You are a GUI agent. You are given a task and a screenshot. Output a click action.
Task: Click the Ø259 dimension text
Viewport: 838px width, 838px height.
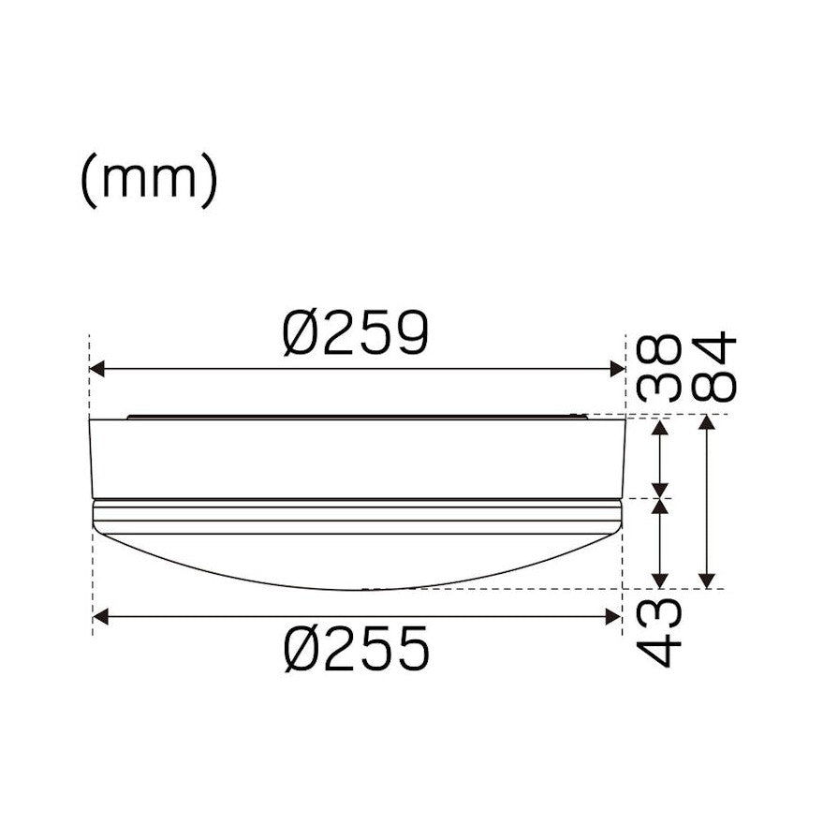[x=356, y=332]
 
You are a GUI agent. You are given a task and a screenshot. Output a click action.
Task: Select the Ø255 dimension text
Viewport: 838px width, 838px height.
[x=357, y=648]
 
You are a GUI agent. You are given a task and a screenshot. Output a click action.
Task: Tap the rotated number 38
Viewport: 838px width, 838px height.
[x=658, y=368]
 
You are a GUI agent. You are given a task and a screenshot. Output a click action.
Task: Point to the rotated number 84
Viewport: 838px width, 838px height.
[x=713, y=366]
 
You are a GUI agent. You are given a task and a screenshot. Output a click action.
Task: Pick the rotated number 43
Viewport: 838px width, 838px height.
[x=658, y=632]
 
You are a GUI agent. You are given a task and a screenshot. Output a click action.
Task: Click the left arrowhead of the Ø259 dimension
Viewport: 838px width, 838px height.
[x=96, y=369]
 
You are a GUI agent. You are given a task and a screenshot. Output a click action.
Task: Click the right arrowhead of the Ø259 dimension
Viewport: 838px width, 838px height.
[x=618, y=369]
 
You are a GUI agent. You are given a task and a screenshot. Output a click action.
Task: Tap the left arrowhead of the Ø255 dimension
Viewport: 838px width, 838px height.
[x=100, y=617]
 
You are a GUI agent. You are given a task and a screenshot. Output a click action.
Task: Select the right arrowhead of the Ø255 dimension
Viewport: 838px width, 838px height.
[x=613, y=617]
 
